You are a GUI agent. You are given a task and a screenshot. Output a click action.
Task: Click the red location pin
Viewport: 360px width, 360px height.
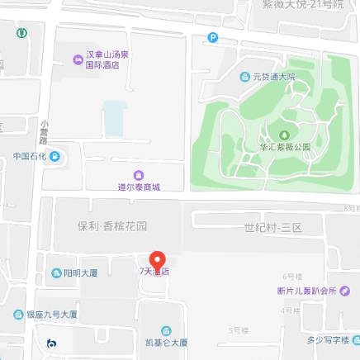pyautogui.click(x=157, y=258)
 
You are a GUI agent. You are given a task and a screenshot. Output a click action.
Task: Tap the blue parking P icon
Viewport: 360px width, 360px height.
pyautogui.click(x=213, y=37)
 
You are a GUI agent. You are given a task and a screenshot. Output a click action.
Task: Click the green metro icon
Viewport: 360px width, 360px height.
pyautogui.click(x=21, y=34)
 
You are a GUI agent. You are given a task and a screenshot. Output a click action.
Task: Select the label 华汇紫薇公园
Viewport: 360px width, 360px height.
pyautogui.click(x=285, y=147)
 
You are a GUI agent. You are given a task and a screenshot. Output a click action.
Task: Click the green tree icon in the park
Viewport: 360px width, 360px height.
pyautogui.click(x=285, y=135)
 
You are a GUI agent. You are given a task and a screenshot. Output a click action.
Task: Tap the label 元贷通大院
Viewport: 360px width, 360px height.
pyautogui.click(x=273, y=77)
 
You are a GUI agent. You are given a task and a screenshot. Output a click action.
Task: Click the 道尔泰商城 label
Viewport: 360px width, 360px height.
pyautogui.click(x=138, y=187)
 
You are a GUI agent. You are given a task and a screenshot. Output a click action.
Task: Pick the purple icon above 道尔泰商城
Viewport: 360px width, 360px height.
pyautogui.click(x=138, y=175)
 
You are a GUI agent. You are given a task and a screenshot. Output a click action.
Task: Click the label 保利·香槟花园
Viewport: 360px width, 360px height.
pyautogui.click(x=112, y=225)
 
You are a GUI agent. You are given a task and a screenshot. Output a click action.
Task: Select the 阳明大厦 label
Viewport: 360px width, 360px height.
pyautogui.click(x=81, y=273)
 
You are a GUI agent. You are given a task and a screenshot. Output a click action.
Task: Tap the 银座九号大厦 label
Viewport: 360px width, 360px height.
pyautogui.click(x=51, y=315)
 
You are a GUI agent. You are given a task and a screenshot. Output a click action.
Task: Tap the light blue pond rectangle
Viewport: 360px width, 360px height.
pyautogui.click(x=114, y=118)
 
